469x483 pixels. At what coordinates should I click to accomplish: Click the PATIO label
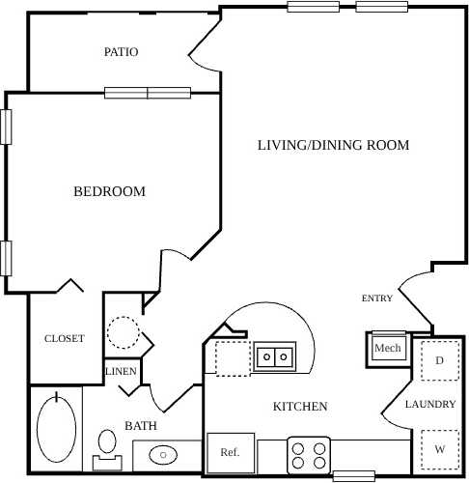tap(121, 52)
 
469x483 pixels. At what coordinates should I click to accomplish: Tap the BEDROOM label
tap(109, 191)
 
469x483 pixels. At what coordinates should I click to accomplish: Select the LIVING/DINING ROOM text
tap(333, 145)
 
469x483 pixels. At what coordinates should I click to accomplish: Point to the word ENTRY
tap(377, 298)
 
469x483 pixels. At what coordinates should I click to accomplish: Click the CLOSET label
tap(65, 339)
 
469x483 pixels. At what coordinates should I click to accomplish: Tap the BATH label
tap(141, 425)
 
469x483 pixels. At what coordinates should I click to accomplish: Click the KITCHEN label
tap(299, 407)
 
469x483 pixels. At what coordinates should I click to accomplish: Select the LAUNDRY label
tap(429, 404)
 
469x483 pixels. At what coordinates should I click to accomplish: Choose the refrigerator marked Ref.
tap(230, 452)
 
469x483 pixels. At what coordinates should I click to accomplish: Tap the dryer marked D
tap(439, 361)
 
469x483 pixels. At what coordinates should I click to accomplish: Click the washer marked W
tap(439, 449)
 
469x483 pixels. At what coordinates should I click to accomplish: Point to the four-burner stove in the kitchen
tap(309, 454)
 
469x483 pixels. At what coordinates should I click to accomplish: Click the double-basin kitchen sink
tap(273, 356)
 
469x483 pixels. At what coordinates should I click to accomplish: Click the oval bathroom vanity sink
tap(165, 452)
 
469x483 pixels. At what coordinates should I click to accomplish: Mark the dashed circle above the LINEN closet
tap(122, 335)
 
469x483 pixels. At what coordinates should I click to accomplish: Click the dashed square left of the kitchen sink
tap(232, 358)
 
